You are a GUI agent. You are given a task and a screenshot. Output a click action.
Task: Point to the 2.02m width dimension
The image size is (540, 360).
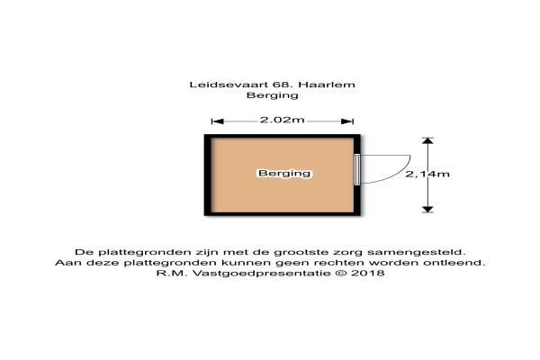click(x=283, y=121)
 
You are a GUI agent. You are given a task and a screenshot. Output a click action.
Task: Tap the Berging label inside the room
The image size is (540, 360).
click(x=283, y=173)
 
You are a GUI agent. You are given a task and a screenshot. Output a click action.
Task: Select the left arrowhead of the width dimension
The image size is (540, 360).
click(x=215, y=121)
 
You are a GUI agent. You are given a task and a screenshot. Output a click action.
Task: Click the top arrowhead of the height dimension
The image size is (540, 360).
click(x=427, y=140)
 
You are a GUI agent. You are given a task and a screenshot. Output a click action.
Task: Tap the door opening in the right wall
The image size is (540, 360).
click(x=358, y=169)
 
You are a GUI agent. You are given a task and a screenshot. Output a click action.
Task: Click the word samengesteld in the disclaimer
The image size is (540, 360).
click(x=432, y=251)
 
